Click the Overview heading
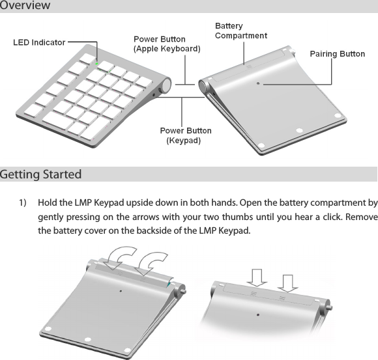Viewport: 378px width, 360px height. tap(25, 6)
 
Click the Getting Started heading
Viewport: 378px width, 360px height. tap(41, 174)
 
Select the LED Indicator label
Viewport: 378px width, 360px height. tap(40, 42)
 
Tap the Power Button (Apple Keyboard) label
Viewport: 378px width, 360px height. tap(167, 44)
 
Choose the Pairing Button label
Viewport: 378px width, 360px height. tap(337, 53)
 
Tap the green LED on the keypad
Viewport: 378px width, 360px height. tap(97, 64)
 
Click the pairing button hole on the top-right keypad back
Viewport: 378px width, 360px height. tap(259, 84)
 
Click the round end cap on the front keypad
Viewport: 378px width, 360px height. tap(166, 86)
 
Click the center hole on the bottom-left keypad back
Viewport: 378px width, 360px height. tap(121, 291)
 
